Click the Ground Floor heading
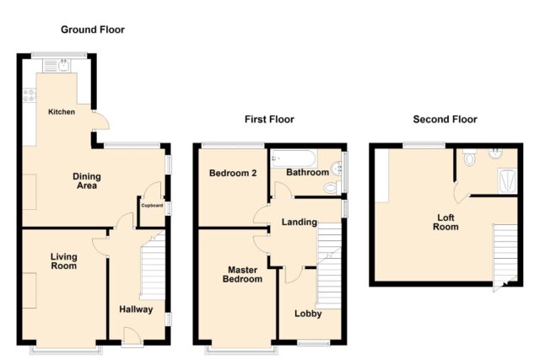tap(93, 30)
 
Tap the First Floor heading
tap(269, 120)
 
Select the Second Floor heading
tap(445, 120)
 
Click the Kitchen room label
tap(62, 112)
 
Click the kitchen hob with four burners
tap(29, 95)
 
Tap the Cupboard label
tap(152, 206)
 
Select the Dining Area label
tap(87, 181)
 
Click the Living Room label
tap(64, 261)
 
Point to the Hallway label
tap(136, 309)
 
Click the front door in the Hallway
tap(132, 336)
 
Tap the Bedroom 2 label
tap(233, 173)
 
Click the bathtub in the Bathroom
tap(294, 159)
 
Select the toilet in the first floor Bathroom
tap(332, 187)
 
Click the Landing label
tap(300, 223)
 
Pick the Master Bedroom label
tap(242, 274)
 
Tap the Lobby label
tap(308, 314)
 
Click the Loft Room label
tap(445, 223)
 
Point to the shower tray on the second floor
tap(508, 180)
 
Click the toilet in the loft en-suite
tap(469, 158)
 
